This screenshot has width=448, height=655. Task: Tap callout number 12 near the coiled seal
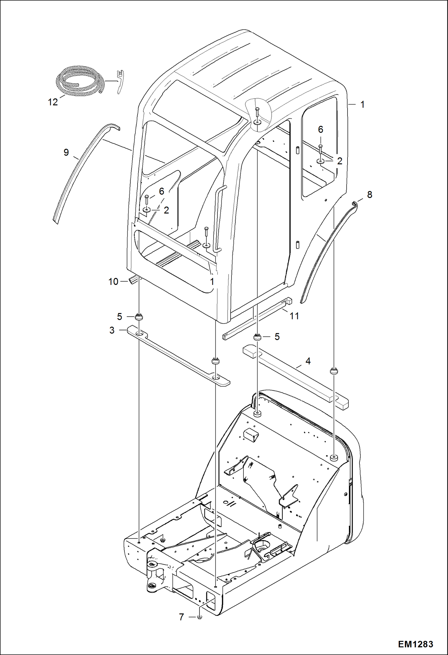(53, 102)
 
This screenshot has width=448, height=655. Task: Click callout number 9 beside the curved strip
(66, 152)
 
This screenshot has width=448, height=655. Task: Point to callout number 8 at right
(370, 195)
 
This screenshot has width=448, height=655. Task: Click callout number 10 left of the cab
(113, 282)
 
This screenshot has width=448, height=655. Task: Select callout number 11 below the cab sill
(295, 316)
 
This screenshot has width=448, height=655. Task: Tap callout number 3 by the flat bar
(112, 330)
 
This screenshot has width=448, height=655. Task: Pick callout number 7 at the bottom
(181, 617)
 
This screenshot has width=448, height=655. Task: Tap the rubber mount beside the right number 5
(257, 337)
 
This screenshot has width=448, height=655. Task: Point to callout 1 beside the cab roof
(362, 105)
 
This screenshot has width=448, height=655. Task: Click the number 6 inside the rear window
(321, 129)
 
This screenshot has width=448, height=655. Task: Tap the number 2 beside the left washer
(166, 210)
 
